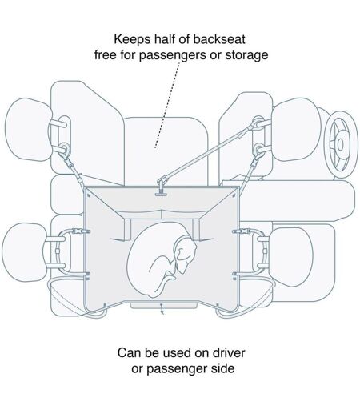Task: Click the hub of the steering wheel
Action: (340, 145)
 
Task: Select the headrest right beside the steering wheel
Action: (295, 130)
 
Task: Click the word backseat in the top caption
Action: (219, 39)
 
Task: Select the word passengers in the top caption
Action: (173, 55)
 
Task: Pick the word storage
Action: (246, 55)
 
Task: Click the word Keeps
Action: (132, 39)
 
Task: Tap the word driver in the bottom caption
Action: (229, 352)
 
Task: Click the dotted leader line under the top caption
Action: (168, 105)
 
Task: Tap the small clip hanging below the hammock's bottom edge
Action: (162, 309)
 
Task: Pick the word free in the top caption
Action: (106, 55)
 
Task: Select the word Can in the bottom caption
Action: (130, 352)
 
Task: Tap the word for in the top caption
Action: (127, 55)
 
